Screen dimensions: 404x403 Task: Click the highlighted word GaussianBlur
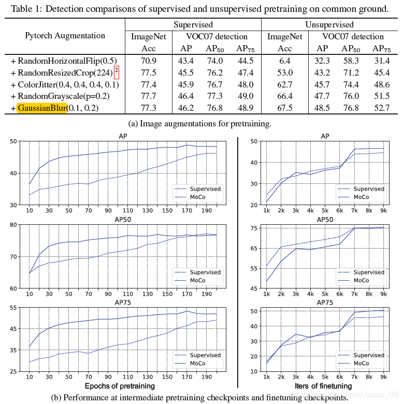(41, 108)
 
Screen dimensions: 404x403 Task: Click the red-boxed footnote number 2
(117, 71)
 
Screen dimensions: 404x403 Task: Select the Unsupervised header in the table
(329, 24)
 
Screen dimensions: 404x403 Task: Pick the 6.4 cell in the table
(285, 61)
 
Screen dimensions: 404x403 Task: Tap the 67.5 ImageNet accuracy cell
(285, 108)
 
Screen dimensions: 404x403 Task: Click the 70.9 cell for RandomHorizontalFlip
(149, 61)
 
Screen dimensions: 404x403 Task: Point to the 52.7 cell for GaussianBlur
(381, 108)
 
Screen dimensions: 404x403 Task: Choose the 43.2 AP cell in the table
(322, 73)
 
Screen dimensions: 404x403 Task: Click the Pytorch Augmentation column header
(65, 36)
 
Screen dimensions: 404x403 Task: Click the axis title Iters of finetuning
(323, 386)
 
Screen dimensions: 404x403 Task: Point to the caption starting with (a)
(199, 123)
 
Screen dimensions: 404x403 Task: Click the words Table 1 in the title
(22, 9)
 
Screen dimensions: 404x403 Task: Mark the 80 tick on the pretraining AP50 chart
(10, 224)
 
